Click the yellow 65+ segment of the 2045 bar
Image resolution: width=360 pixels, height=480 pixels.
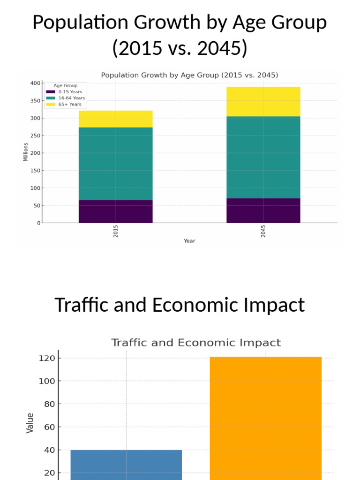point(263,102)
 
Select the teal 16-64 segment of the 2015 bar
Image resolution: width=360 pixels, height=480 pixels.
point(115,164)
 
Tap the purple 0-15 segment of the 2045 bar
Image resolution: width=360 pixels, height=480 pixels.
point(263,210)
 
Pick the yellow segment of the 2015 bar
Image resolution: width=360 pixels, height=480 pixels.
point(115,119)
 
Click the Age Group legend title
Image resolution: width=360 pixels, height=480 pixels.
point(66,86)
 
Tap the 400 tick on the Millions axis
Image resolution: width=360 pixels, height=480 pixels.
point(35,83)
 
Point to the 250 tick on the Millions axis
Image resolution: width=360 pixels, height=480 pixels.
point(35,136)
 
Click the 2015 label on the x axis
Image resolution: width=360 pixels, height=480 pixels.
point(116,231)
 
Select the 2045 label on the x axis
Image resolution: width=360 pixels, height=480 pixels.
point(263,231)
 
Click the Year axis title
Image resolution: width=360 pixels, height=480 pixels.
point(189,241)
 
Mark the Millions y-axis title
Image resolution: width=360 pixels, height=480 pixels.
point(26,152)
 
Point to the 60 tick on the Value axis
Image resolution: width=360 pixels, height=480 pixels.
point(49,427)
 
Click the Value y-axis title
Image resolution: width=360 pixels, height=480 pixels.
point(30,423)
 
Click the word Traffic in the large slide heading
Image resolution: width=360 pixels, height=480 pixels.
point(84,305)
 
